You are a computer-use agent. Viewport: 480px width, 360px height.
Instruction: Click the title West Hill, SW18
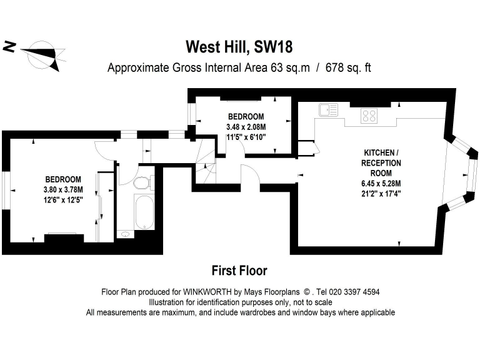click(239, 47)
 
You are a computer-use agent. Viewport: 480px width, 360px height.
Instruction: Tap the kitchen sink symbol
click(328, 110)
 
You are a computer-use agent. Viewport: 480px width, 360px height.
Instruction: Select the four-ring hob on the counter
click(369, 115)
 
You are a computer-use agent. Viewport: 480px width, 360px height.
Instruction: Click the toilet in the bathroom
click(143, 182)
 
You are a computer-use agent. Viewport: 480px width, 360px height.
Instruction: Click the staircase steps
click(204, 165)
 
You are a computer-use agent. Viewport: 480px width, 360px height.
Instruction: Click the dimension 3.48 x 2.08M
click(246, 127)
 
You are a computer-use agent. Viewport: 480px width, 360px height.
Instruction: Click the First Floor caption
click(240, 271)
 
